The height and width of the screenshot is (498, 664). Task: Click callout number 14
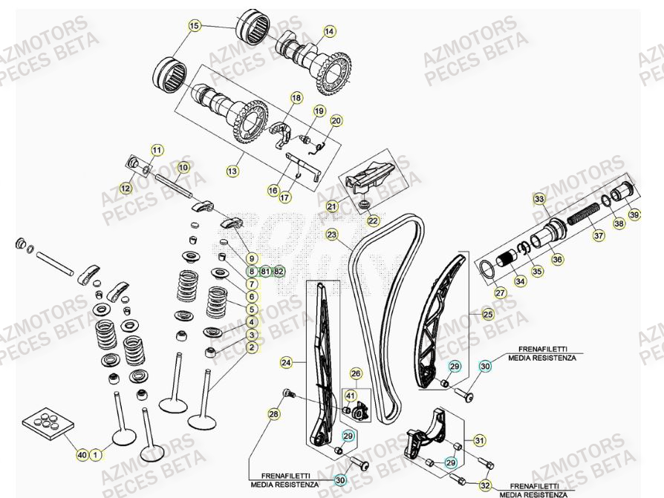pos(329,31)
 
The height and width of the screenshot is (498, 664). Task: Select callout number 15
pos(195,26)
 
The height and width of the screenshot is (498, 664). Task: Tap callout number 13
pos(232,171)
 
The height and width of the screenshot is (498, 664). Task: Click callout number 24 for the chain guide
pos(286,363)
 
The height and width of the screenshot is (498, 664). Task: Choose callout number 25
pos(487,313)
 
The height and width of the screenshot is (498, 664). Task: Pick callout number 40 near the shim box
pos(82,454)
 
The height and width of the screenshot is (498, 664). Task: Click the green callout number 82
pos(279,271)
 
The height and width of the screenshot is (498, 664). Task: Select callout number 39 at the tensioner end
pos(634,214)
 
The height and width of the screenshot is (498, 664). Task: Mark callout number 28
pos(273,414)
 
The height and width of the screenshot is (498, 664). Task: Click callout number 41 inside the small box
pos(350,396)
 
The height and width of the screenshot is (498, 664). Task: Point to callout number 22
pos(373,220)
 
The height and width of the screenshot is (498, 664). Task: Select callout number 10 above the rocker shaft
pos(183,168)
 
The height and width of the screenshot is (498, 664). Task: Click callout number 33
pos(539,199)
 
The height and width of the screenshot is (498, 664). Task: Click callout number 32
pos(485,485)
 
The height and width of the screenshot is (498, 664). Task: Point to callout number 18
pos(296,98)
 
